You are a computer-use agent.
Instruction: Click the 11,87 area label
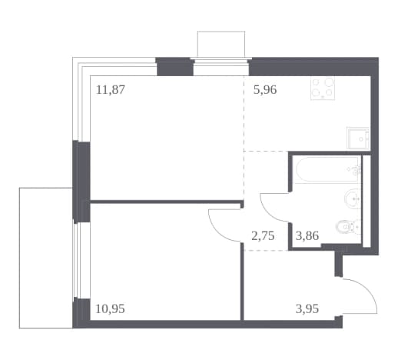coord(111,90)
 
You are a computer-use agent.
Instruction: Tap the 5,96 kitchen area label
coord(265,90)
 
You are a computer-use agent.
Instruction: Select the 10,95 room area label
coord(110,308)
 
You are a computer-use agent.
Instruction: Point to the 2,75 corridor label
coord(263,235)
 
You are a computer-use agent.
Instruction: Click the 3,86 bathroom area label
coord(307,235)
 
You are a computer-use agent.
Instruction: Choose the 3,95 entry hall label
coord(307,308)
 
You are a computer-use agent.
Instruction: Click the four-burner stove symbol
coord(323,88)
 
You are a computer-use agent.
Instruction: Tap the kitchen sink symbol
coord(358,138)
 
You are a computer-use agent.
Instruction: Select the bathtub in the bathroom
coord(327,170)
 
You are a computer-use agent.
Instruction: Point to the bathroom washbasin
coord(353,198)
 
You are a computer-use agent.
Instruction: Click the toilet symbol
coord(348,227)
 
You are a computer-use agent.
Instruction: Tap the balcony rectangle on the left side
coord(46,258)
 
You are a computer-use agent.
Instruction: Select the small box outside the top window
coord(221,44)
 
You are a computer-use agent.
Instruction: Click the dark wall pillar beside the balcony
coord(81,182)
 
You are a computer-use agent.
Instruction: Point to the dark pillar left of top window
coord(174,67)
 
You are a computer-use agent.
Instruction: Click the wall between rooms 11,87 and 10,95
coord(166,202)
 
